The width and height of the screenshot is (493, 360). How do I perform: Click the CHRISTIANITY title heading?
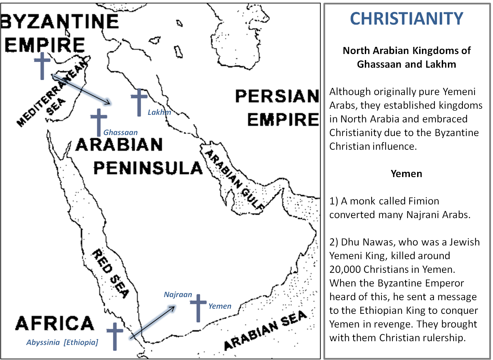(407, 18)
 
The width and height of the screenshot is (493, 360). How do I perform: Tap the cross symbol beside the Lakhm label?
(139, 102)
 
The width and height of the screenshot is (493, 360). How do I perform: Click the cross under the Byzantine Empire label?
(42, 66)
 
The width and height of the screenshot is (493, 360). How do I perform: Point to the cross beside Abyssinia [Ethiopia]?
(115, 336)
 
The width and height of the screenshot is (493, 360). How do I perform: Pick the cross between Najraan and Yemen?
(198, 308)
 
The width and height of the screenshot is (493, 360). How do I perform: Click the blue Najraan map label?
(178, 294)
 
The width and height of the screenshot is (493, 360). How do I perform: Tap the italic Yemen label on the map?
(220, 306)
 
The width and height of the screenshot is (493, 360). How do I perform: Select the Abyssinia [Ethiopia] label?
(62, 342)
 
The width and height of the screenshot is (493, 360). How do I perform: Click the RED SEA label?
(110, 274)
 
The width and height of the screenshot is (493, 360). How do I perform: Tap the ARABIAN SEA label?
(266, 330)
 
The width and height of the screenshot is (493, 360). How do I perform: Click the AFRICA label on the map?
(55, 323)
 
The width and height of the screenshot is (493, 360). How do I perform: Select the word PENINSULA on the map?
(148, 168)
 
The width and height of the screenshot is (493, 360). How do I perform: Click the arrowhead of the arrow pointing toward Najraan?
(173, 308)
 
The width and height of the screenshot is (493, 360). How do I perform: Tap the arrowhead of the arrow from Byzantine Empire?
(108, 102)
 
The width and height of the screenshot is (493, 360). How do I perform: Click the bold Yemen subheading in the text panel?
(406, 174)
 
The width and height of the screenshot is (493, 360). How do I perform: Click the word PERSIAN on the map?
(277, 96)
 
